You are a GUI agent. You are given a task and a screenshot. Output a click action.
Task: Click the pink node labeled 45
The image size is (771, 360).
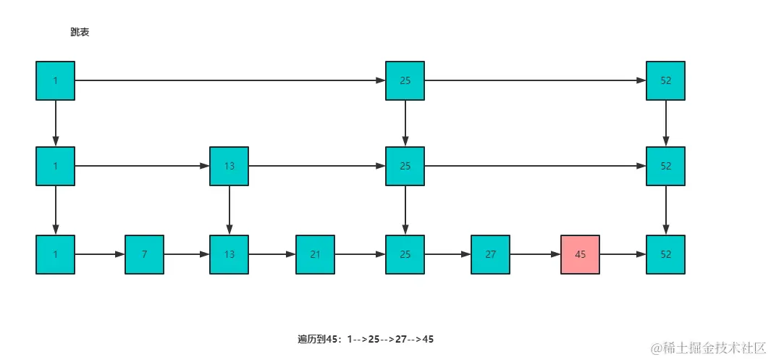tap(580, 255)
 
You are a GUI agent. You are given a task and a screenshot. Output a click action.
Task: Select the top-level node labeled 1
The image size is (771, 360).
tap(55, 80)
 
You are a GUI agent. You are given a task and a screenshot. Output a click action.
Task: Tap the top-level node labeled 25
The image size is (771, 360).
tap(405, 80)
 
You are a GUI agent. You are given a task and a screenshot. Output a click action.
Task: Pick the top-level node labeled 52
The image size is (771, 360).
tap(665, 80)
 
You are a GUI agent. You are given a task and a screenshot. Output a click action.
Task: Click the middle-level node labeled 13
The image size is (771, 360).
tap(229, 166)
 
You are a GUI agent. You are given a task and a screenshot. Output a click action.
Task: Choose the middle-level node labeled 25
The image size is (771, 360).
tap(405, 166)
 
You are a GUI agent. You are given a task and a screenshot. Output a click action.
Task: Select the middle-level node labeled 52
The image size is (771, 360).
tap(665, 166)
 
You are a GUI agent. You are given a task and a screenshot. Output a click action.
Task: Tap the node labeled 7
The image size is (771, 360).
tap(144, 255)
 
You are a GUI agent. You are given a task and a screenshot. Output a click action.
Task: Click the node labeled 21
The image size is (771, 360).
tap(315, 255)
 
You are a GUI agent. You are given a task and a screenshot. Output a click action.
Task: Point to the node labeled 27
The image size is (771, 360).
tap(490, 255)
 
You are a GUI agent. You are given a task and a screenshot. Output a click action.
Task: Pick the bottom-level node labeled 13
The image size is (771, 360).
tap(229, 255)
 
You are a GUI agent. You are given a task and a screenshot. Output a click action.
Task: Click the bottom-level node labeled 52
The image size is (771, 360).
tap(665, 255)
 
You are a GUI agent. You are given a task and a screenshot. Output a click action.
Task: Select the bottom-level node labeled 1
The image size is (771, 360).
tap(55, 255)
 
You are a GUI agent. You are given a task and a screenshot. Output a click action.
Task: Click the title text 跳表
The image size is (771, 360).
tap(80, 33)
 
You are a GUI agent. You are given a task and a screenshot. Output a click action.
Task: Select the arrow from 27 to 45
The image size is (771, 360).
tap(535, 255)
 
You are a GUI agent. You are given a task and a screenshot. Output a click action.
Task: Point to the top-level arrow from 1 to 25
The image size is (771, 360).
tap(229, 80)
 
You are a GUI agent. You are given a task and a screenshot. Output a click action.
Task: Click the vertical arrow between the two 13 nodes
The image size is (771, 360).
tap(229, 210)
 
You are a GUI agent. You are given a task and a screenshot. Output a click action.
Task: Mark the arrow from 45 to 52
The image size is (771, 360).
tap(623, 255)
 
